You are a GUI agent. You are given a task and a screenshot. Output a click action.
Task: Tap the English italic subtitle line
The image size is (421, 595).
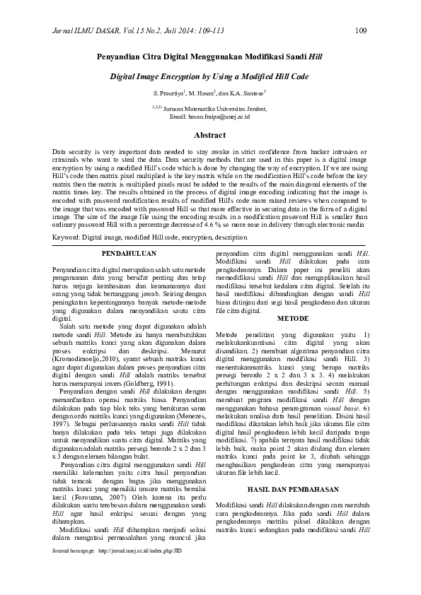(x=209, y=74)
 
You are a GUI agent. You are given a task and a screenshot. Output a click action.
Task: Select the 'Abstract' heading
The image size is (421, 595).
(x=209, y=134)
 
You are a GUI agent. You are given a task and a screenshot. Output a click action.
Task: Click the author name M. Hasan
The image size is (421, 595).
(x=204, y=93)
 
